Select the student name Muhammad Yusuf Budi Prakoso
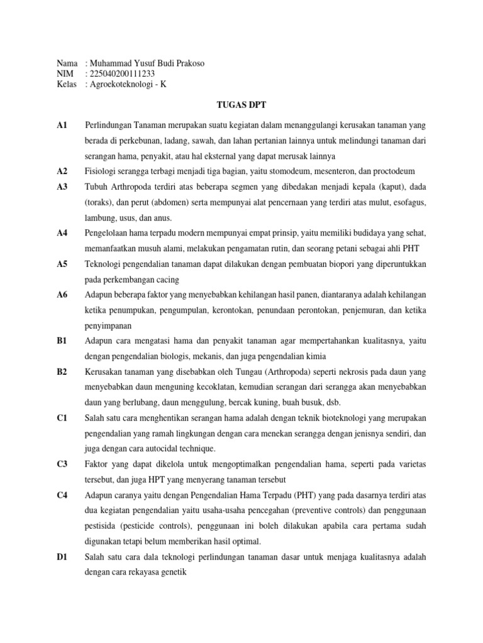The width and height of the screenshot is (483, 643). tap(147, 63)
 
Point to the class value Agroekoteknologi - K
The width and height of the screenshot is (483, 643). tap(128, 84)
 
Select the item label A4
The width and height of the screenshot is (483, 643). tap(62, 232)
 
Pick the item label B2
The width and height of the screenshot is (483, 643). tap(62, 372)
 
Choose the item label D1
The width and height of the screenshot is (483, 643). tap(62, 557)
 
